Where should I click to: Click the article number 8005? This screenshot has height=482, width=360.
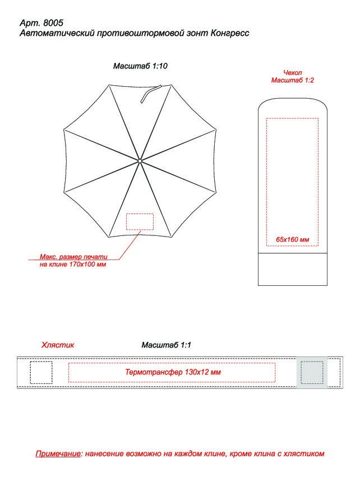click(53, 23)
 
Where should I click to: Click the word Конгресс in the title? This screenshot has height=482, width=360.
click(230, 33)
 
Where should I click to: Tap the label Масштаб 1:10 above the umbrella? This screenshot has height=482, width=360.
click(140, 66)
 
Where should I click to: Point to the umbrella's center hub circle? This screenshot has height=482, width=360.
click(140, 161)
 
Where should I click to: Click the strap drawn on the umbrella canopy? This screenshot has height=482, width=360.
click(150, 93)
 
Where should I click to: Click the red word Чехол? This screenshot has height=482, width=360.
click(292, 73)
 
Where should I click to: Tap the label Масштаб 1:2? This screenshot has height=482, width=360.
click(292, 80)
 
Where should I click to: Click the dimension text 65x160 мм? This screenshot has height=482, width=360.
click(292, 239)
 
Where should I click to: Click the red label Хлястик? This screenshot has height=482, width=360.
click(58, 345)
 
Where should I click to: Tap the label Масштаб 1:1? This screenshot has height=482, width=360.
click(167, 345)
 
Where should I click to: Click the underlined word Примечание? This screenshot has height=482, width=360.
click(58, 454)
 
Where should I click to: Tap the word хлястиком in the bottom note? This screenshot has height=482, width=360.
click(304, 454)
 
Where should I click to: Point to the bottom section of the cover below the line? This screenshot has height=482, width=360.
click(292, 270)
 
